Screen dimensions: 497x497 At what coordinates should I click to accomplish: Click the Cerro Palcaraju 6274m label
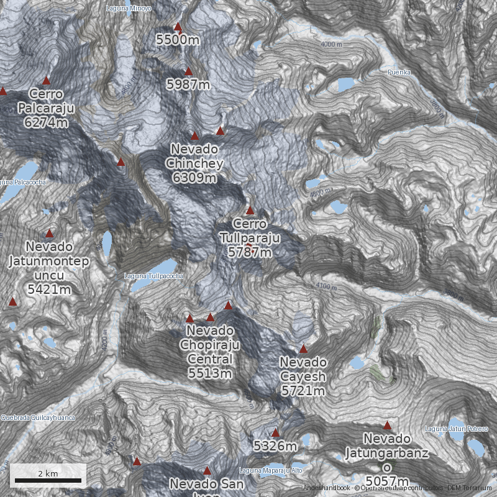point(46,108)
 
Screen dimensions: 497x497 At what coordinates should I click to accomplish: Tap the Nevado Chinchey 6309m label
point(194,163)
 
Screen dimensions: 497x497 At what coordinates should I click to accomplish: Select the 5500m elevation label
point(178,40)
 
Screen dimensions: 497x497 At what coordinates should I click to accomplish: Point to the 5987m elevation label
point(188,84)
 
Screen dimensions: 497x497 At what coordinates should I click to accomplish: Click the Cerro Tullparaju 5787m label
point(250,238)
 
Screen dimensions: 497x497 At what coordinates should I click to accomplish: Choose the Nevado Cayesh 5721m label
point(303,376)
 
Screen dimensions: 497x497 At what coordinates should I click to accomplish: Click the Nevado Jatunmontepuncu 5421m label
point(49,267)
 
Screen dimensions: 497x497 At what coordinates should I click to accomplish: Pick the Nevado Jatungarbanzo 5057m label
point(387,460)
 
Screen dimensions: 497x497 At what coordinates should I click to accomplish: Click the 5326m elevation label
point(275,445)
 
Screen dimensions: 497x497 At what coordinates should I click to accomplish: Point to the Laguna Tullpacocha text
point(153,276)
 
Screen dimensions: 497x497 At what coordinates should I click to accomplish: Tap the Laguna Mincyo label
point(129,8)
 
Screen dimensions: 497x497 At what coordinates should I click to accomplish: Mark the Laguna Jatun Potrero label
point(457,429)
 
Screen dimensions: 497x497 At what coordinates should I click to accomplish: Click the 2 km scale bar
point(48,480)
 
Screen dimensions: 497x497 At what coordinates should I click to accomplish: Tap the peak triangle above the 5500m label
point(178,27)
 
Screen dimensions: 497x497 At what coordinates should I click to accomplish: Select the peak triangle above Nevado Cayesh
point(303,349)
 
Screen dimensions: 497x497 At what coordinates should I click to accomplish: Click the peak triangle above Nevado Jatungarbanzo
point(387,426)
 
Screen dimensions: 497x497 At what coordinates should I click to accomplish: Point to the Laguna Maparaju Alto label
point(271,470)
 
